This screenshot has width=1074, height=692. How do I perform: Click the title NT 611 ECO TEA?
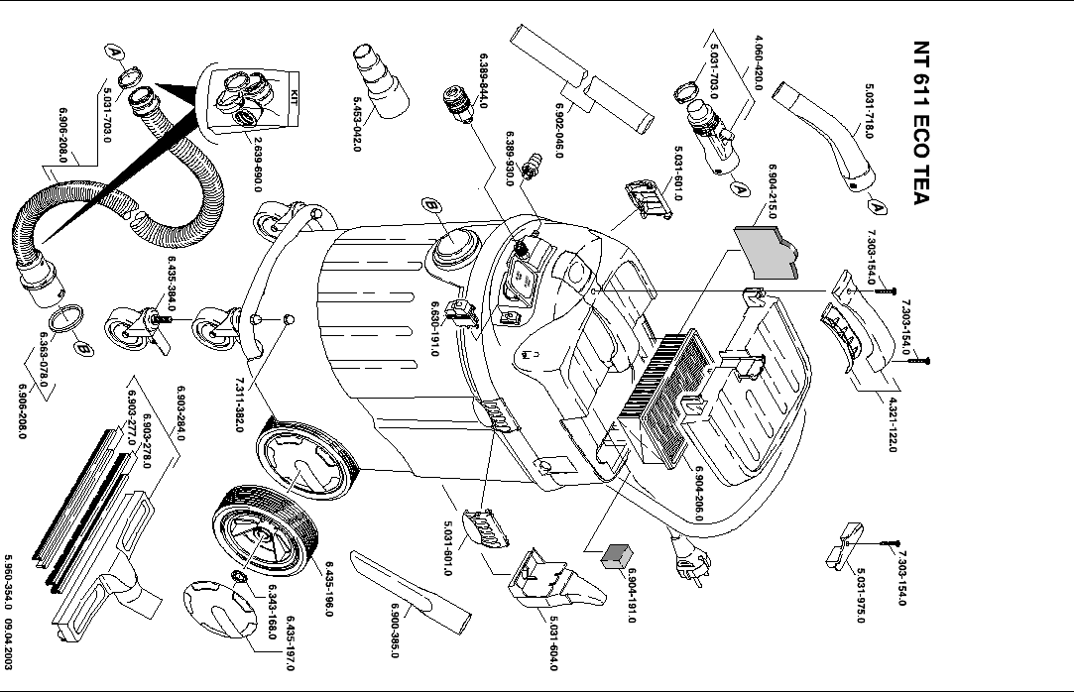(x=922, y=123)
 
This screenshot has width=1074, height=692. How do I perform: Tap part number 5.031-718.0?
(x=869, y=111)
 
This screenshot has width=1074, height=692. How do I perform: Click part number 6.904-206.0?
(x=699, y=494)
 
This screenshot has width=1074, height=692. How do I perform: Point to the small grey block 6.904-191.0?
(x=617, y=556)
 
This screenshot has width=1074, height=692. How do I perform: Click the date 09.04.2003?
(x=8, y=644)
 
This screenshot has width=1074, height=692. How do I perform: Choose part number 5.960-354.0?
(x=8, y=582)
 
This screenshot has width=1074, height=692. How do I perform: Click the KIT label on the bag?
(x=294, y=94)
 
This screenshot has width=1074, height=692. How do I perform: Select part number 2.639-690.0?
(x=258, y=165)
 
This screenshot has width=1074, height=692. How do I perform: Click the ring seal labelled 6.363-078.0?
(x=66, y=319)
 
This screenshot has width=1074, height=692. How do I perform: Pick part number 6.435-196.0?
(x=329, y=589)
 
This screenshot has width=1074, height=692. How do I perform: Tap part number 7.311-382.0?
(x=239, y=404)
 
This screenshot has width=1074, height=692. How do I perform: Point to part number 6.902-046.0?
(x=559, y=131)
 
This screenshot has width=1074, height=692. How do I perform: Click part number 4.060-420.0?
(x=759, y=63)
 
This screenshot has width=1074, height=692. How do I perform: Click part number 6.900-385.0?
(x=395, y=631)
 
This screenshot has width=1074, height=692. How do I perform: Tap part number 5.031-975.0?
(x=861, y=596)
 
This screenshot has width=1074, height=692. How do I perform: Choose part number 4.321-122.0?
(x=893, y=424)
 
